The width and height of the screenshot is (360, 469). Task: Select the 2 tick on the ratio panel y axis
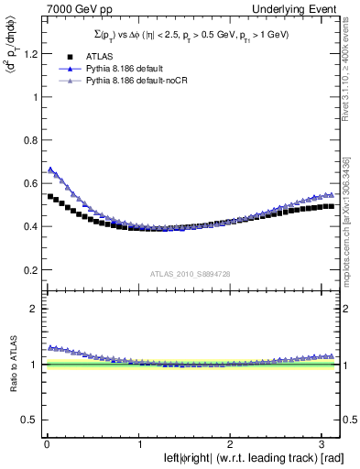coord(36,309)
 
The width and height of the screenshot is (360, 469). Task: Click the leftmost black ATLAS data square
coord(49,196)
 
